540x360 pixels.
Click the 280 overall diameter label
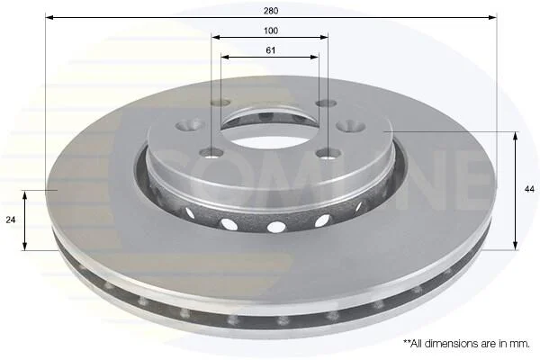(x=271, y=11)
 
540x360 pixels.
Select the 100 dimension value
(x=271, y=31)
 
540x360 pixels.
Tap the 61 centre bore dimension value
(x=271, y=50)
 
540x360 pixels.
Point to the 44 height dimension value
(x=529, y=189)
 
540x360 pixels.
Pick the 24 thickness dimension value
(x=11, y=220)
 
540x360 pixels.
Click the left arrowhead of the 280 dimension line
(x=49, y=17)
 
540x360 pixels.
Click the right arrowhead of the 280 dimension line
(x=493, y=17)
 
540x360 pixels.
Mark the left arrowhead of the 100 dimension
(x=216, y=37)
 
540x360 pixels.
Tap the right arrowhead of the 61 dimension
(x=314, y=57)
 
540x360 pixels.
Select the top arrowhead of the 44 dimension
(x=515, y=136)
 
